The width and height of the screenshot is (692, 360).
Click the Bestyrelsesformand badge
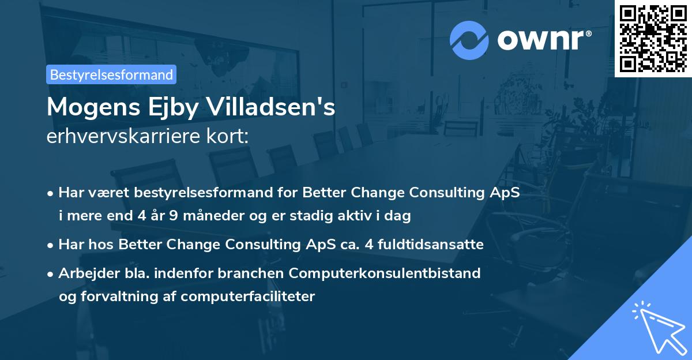(111, 74)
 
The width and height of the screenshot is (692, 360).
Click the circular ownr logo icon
(469, 40)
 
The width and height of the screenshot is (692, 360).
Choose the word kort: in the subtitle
(231, 137)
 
